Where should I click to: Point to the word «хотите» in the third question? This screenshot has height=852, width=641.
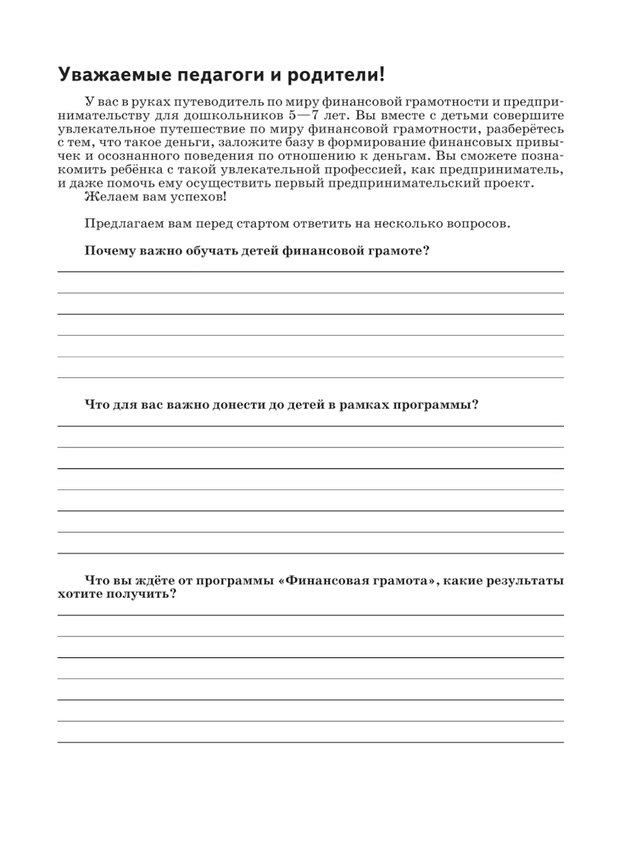point(79,594)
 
